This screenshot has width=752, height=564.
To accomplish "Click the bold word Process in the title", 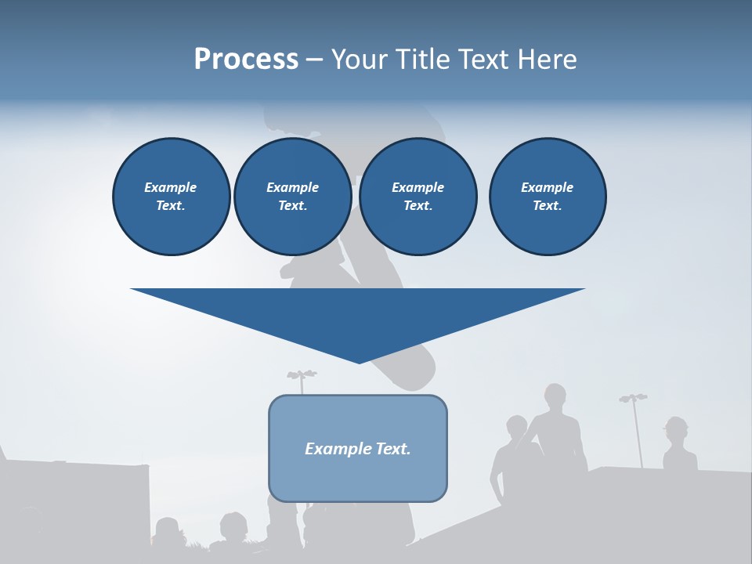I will point(246,60).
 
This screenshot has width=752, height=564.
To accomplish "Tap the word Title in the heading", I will point(422,60).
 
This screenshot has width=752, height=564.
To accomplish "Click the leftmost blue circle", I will point(172,197).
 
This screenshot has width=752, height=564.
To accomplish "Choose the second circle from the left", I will point(293,197).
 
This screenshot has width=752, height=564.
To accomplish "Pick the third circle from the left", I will point(418,197).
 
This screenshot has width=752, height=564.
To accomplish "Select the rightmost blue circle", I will point(548,197).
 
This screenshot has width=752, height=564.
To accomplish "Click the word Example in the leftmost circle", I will point(171,187).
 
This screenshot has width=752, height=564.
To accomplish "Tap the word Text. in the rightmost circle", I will point(548,206).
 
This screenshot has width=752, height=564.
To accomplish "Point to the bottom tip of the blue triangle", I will point(359,362).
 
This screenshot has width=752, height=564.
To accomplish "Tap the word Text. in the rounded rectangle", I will point(393,449).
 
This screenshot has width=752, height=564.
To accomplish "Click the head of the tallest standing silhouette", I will point(555,396).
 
